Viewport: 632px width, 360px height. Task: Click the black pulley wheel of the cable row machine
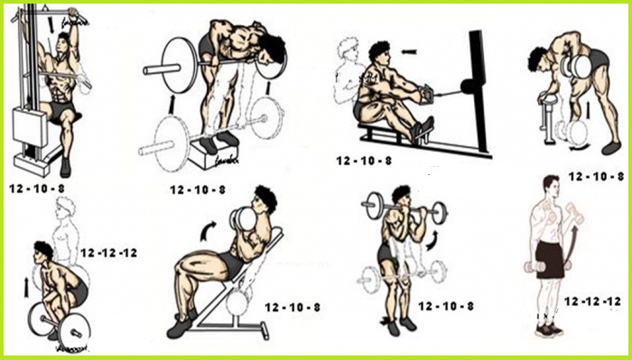[468, 88]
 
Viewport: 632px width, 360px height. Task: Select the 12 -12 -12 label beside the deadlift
[108, 253]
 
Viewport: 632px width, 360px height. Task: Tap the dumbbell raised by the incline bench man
[242, 219]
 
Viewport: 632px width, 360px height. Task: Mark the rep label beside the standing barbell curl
[445, 307]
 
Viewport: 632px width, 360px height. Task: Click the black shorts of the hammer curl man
[548, 258]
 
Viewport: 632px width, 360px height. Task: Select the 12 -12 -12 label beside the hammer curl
[592, 300]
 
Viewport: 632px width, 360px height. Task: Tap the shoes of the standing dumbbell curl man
[547, 329]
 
